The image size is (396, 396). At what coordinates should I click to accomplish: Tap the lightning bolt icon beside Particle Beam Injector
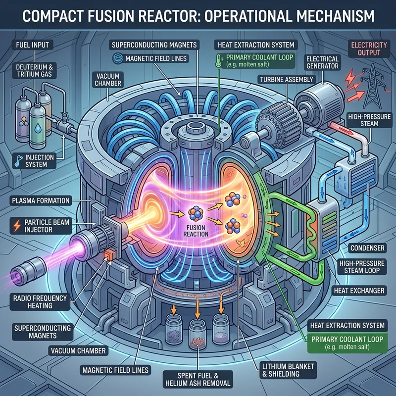pos(17,222)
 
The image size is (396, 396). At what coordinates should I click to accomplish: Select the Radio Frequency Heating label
pos(32,301)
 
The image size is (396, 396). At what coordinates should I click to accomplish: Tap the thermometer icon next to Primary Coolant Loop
pos(219,60)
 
